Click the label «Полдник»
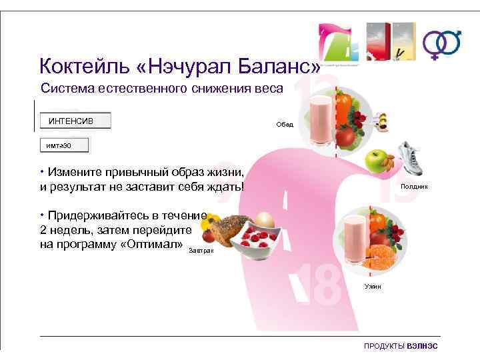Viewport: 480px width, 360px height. (414, 187)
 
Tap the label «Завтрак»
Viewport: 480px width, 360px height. (201, 250)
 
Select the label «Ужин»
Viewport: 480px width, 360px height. (373, 285)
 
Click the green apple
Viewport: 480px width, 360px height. (376, 161)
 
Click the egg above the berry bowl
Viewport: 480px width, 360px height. (265, 219)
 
